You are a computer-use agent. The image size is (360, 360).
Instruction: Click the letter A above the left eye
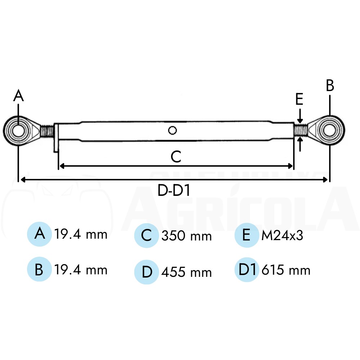(x=18, y=95)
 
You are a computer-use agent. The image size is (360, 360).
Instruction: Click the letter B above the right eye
(x=330, y=86)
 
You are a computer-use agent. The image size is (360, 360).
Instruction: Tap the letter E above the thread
(x=299, y=99)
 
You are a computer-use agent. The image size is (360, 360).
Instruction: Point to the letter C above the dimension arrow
(x=176, y=157)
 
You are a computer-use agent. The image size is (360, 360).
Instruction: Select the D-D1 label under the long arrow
(x=174, y=190)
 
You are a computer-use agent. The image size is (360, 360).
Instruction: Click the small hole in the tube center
(x=172, y=130)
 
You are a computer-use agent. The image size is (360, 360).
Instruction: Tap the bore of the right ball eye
(x=329, y=130)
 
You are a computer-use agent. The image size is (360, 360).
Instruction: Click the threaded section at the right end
(x=301, y=130)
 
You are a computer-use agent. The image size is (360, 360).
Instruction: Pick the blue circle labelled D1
(x=247, y=270)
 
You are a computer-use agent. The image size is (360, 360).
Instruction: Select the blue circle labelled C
(x=147, y=235)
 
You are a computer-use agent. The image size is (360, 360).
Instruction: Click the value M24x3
(x=282, y=235)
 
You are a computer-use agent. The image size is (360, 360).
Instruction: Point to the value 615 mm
(x=286, y=270)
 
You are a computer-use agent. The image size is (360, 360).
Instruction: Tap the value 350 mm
(x=186, y=236)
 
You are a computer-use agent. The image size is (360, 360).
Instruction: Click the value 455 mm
(x=186, y=272)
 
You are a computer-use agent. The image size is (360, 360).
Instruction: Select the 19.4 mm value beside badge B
(x=81, y=270)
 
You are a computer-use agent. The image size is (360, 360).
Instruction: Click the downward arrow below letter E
(x=300, y=116)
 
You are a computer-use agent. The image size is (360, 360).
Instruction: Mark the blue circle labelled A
(x=39, y=234)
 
